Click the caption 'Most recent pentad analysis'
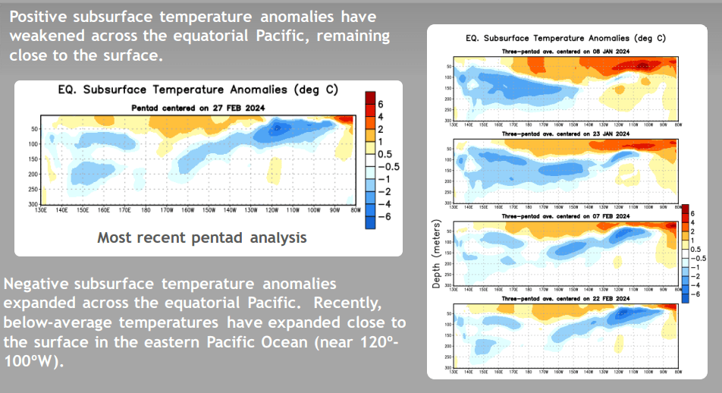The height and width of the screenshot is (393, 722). (x=202, y=238)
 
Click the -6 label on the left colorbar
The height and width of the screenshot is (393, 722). (x=385, y=217)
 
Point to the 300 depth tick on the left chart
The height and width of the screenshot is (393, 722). (x=34, y=205)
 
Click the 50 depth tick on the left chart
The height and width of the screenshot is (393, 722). (x=36, y=129)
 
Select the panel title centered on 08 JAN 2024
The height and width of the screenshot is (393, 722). (x=565, y=51)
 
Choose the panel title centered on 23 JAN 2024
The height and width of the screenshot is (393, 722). (x=565, y=134)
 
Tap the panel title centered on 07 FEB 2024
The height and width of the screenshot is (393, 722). (x=565, y=216)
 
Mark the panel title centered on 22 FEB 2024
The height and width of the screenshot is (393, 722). (x=565, y=298)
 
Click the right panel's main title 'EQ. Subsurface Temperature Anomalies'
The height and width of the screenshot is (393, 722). (x=565, y=38)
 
